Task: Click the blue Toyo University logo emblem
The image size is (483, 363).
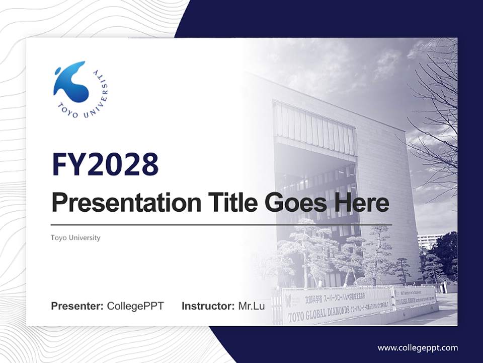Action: tap(71, 82)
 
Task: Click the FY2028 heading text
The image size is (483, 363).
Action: tap(105, 164)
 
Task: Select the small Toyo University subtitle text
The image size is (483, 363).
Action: tap(75, 237)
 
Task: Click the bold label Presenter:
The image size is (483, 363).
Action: tap(77, 306)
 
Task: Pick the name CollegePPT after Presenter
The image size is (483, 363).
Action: tap(135, 306)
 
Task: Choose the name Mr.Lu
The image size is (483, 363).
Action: tap(252, 306)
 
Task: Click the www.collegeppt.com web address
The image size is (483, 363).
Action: tap(418, 347)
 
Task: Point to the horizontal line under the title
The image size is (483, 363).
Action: tap(221, 224)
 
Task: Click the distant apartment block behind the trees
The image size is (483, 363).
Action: tap(427, 241)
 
